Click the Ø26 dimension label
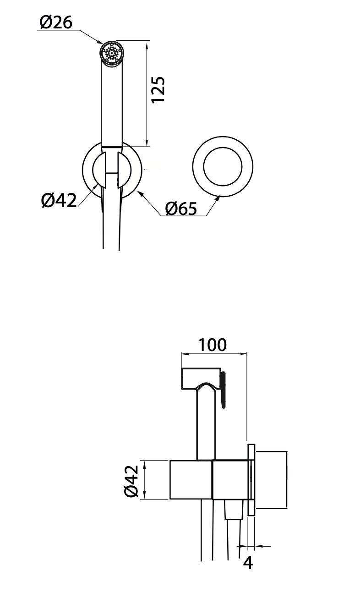[56, 22]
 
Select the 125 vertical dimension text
[158, 89]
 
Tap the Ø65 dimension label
[181, 209]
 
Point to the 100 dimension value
[213, 345]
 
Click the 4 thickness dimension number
[248, 562]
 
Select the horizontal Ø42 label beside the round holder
[59, 200]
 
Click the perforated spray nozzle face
[112, 53]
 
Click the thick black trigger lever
[223, 389]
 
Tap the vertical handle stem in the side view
[206, 426]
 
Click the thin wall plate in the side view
[251, 480]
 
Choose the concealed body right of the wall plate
[271, 480]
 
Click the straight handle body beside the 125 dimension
[111, 105]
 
